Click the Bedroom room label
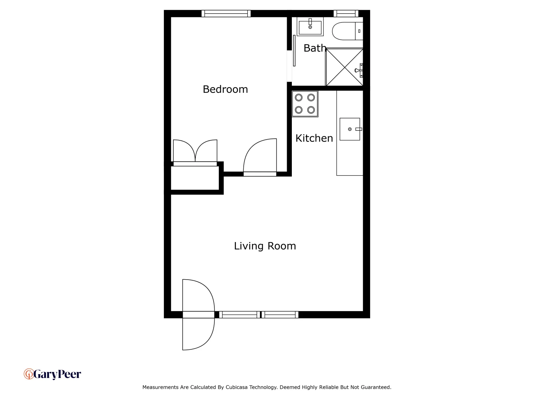(225, 89)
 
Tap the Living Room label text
(265, 246)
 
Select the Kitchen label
(314, 138)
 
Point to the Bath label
(314, 48)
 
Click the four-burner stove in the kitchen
(305, 104)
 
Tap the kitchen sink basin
(350, 129)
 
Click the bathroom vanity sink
(310, 27)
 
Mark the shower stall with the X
(344, 67)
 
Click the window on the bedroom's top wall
(226, 14)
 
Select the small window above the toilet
(346, 14)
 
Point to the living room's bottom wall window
(259, 315)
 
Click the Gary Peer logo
(52, 374)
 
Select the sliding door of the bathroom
(294, 51)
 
